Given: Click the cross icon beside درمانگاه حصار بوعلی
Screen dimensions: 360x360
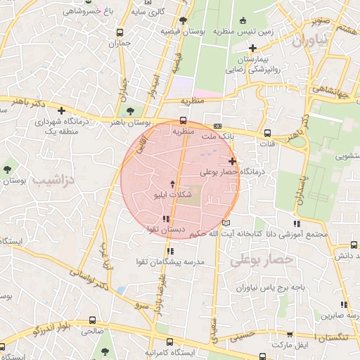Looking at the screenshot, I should tap(232, 161).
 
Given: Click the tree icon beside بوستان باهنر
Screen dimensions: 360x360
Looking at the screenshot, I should tap(129, 110).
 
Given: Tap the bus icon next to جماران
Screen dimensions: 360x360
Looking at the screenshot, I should tap(120, 32).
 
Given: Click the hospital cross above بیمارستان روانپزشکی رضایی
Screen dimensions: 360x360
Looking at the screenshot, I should tap(252, 49).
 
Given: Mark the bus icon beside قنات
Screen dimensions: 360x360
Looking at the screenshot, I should tap(266, 133).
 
